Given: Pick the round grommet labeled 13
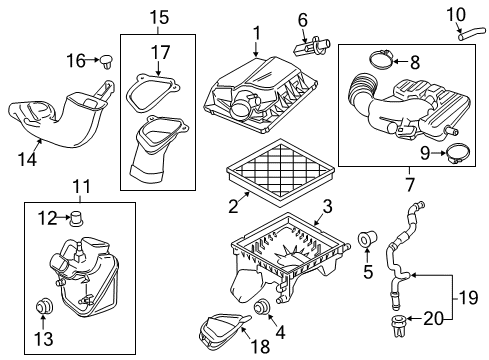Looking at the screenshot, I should [x=43, y=306].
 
